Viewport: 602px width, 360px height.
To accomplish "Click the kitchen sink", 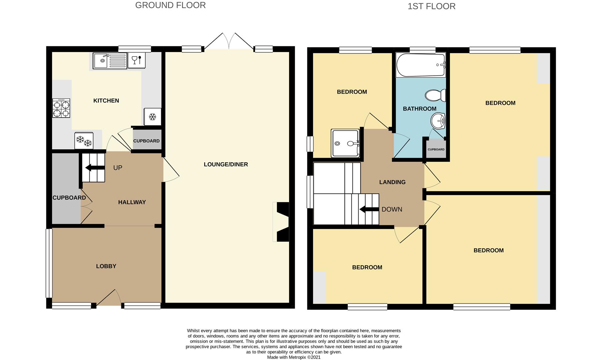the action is tap(110, 61).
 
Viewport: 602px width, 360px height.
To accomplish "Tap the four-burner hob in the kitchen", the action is tap(61, 108).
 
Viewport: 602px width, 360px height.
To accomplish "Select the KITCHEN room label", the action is tap(106, 101).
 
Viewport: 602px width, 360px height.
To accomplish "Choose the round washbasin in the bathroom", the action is tap(438, 121).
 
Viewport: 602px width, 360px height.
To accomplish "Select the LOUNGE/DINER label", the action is tap(226, 164).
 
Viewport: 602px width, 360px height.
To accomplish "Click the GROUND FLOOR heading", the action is tap(170, 5).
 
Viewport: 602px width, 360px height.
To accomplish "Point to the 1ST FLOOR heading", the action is tap(432, 6).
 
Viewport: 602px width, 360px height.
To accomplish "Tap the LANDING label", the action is tap(392, 182).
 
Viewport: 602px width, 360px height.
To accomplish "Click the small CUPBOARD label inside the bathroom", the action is tap(436, 149).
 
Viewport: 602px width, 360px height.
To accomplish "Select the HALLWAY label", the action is tap(132, 202).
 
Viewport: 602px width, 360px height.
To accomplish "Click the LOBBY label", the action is tap(106, 266).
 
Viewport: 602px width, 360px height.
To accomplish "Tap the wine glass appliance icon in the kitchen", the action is tap(137, 60).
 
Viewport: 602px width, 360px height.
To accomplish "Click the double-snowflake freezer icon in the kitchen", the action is tap(84, 141).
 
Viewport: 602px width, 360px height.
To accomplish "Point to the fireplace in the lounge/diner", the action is tap(281, 222).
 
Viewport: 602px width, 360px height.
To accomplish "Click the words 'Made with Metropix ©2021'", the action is tap(294, 357).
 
